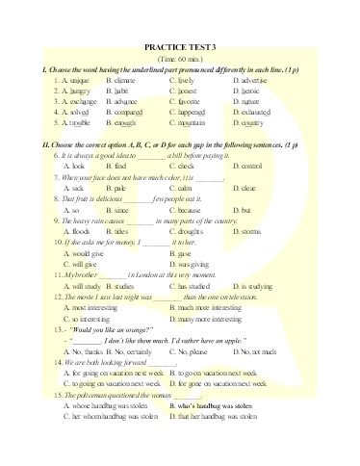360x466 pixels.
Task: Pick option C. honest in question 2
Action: tap(188, 91)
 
